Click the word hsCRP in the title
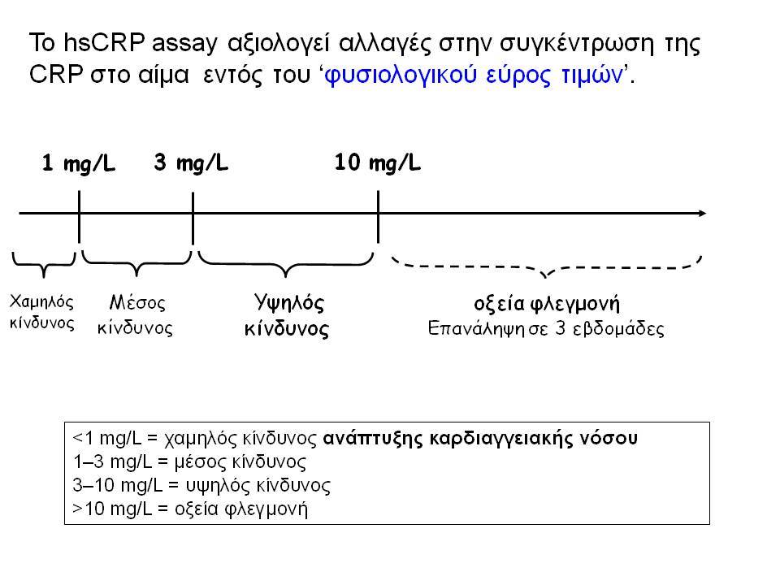(103, 42)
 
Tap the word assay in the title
(184, 45)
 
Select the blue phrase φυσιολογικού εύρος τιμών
(474, 76)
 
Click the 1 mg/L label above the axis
(79, 163)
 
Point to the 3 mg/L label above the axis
(191, 162)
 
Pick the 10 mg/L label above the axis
(378, 162)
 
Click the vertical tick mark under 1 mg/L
(79, 217)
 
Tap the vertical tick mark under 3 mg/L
(193, 219)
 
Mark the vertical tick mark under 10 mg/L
(378, 217)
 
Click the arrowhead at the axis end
(702, 214)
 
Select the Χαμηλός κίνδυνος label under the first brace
(41, 312)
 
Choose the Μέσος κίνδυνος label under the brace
(136, 315)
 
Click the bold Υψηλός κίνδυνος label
(287, 315)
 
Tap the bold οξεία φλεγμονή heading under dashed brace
(547, 303)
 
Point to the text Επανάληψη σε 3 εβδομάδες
(546, 329)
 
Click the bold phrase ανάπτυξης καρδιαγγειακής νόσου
(480, 439)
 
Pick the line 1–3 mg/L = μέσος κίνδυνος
(189, 462)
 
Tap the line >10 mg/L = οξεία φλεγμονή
(190, 509)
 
